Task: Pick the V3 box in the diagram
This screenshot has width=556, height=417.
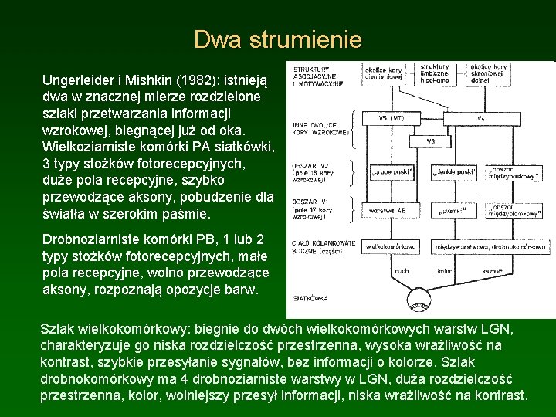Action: [x=430, y=142]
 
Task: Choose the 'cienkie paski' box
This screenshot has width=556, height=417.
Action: [x=456, y=171]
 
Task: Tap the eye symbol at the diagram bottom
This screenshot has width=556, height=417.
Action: [x=419, y=300]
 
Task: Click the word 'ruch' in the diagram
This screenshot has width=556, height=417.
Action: [x=402, y=271]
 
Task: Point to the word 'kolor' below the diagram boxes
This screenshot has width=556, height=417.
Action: [x=444, y=271]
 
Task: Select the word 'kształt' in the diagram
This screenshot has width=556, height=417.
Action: [x=493, y=271]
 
